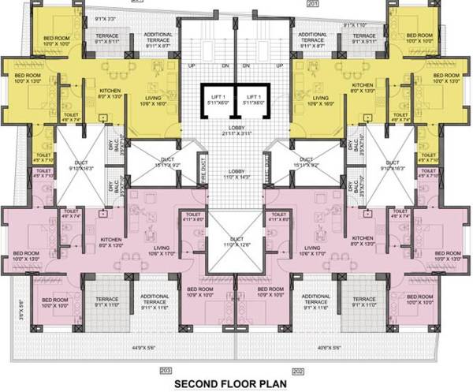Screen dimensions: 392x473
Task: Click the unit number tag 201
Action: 311,3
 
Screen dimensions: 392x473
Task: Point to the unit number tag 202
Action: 298,370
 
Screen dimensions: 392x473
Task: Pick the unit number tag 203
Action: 166,370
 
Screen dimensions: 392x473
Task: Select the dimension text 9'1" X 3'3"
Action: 105,17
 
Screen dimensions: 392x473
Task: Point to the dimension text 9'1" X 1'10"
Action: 357,24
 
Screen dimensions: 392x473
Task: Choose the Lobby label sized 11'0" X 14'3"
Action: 236,175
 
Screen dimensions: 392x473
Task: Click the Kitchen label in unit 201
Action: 363,87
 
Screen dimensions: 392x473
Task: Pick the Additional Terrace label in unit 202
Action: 315,301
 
